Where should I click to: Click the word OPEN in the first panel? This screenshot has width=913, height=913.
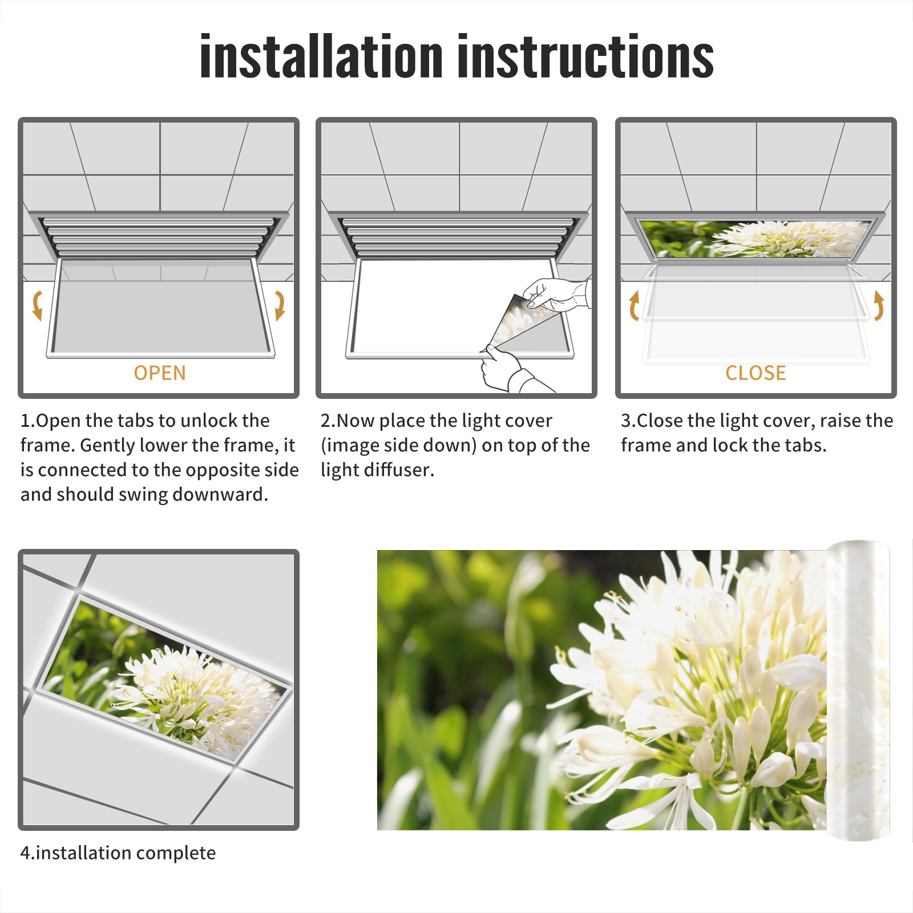click(x=160, y=373)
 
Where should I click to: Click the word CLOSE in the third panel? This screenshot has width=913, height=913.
click(x=756, y=373)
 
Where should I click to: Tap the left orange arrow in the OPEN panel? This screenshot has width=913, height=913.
click(x=37, y=305)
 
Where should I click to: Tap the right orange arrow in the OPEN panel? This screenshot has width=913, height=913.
click(x=280, y=305)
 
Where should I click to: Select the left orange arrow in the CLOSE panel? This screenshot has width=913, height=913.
click(x=633, y=305)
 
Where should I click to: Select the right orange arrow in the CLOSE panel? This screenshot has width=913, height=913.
click(x=879, y=305)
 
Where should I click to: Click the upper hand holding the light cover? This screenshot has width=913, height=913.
click(x=556, y=294)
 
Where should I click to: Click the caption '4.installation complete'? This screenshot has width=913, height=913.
click(x=118, y=853)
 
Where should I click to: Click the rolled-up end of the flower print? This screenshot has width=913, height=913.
click(x=858, y=690)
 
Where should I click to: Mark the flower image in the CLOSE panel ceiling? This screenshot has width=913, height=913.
click(x=756, y=239)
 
